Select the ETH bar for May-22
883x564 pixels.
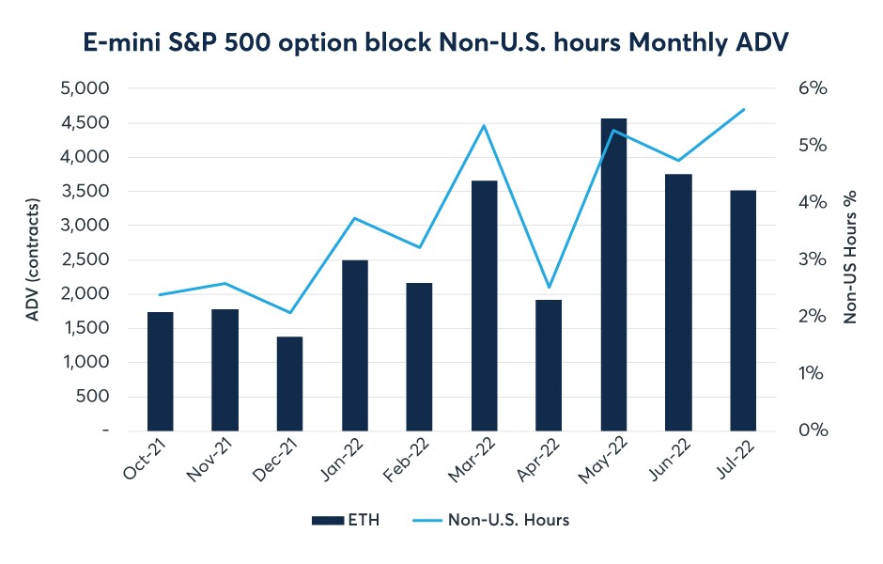pyautogui.click(x=613, y=275)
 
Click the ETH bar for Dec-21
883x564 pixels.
pyautogui.click(x=289, y=384)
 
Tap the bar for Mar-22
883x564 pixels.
pyautogui.click(x=485, y=305)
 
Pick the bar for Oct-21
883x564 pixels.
pyautogui.click(x=160, y=372)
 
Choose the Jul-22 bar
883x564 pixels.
pyautogui.click(x=743, y=311)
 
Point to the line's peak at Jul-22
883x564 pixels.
pyautogui.click(x=744, y=109)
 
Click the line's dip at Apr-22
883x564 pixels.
pyautogui.click(x=550, y=288)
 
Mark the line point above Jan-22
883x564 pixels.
pyautogui.click(x=354, y=218)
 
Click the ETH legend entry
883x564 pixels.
pyautogui.click(x=346, y=520)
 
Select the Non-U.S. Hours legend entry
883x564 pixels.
pyautogui.click(x=491, y=520)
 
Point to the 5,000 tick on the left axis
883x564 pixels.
pyautogui.click(x=85, y=88)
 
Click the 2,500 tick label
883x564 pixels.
pyautogui.click(x=85, y=259)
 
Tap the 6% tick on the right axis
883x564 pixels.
pyautogui.click(x=813, y=88)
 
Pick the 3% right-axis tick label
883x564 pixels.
pyautogui.click(x=813, y=259)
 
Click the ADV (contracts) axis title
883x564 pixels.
pyautogui.click(x=33, y=259)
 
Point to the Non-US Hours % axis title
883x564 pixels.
pyautogui.click(x=850, y=257)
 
